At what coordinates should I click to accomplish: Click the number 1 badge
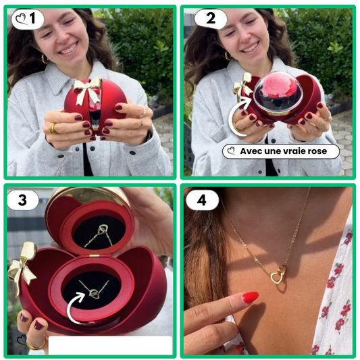28,19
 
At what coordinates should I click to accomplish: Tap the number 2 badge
211,19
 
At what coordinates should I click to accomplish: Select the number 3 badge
23,200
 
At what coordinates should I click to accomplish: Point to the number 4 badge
202,200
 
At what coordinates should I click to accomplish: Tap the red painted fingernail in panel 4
250,297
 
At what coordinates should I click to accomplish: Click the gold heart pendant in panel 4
278,275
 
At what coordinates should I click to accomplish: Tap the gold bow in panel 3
22,266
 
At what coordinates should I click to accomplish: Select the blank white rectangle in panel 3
110,345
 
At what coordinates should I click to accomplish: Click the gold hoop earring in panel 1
44,59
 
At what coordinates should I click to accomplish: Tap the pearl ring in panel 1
144,112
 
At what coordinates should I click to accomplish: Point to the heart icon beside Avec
231,151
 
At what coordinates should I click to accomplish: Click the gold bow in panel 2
242,86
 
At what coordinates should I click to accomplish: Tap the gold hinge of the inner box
94,255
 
